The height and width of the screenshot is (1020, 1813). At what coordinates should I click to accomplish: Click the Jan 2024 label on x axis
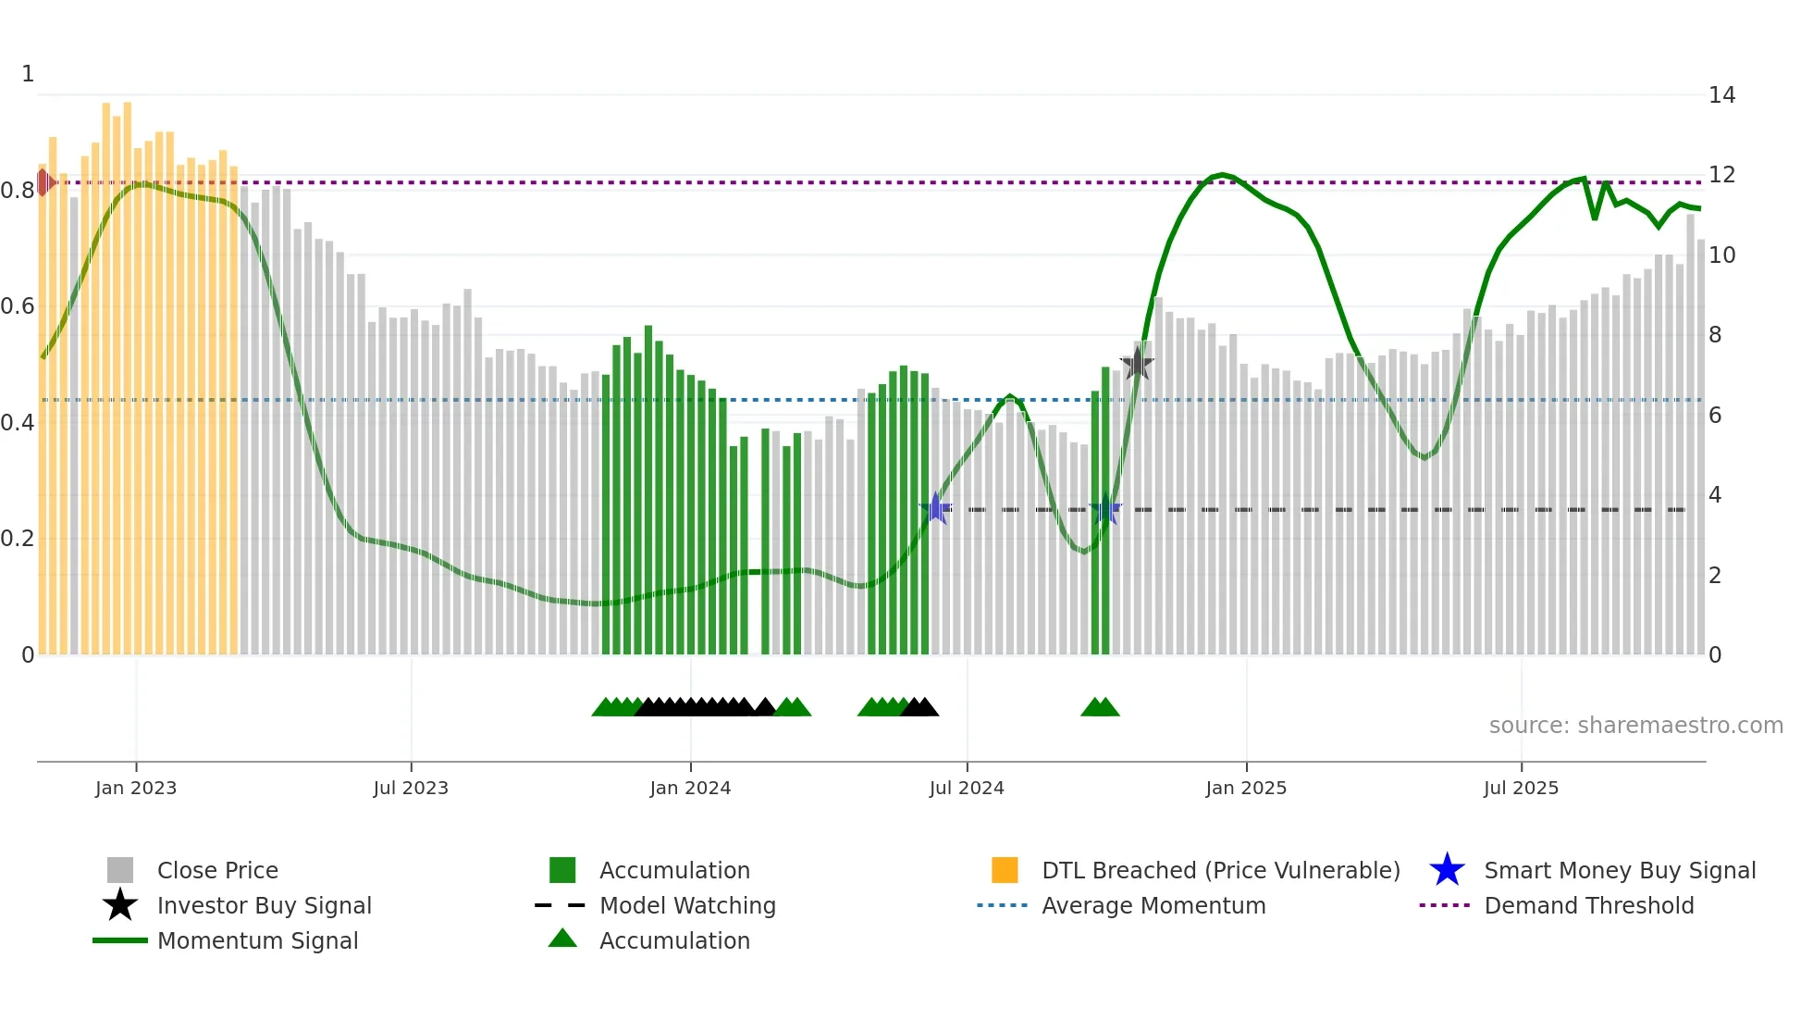pyautogui.click(x=690, y=788)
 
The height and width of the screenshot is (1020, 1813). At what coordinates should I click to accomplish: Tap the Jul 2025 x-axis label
pyautogui.click(x=1521, y=788)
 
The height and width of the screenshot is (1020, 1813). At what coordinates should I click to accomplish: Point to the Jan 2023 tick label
pyautogui.click(x=136, y=788)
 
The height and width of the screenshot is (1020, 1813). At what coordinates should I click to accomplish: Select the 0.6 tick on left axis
pyautogui.click(x=18, y=306)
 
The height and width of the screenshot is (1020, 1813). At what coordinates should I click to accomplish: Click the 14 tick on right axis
pyautogui.click(x=1721, y=95)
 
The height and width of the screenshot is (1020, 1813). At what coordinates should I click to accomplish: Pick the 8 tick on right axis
pyautogui.click(x=1715, y=335)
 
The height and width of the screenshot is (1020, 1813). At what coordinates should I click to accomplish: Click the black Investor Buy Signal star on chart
pyautogui.click(x=1137, y=364)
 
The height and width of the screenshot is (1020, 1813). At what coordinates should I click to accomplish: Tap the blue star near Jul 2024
pyautogui.click(x=936, y=508)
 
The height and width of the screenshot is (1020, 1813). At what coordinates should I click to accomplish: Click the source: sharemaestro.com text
pyautogui.click(x=1635, y=726)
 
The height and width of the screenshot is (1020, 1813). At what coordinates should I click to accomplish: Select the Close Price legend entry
pyautogui.click(x=217, y=870)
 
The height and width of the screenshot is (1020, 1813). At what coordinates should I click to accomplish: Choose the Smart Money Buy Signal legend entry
pyautogui.click(x=1619, y=870)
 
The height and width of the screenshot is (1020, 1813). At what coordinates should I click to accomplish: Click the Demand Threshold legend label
pyautogui.click(x=1588, y=905)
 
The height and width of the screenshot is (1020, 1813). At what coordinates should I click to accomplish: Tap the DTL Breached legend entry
pyautogui.click(x=1220, y=870)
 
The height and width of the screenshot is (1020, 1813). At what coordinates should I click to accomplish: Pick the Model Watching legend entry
pyautogui.click(x=686, y=905)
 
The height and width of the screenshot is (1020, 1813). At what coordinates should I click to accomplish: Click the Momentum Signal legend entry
pyautogui.click(x=257, y=940)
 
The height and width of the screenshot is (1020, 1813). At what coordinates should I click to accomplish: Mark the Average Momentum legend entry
pyautogui.click(x=1153, y=905)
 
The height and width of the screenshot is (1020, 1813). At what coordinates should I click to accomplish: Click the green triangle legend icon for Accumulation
pyautogui.click(x=562, y=939)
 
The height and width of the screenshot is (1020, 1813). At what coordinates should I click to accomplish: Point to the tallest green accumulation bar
pyautogui.click(x=648, y=491)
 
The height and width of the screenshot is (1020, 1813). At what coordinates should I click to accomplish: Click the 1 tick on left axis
pyautogui.click(x=28, y=74)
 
